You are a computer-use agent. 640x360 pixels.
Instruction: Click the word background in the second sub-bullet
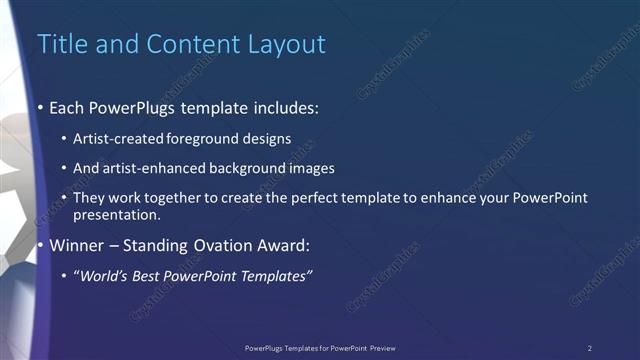pyautogui.click(x=262, y=169)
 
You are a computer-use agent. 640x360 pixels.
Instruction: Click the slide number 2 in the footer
pyautogui.click(x=590, y=348)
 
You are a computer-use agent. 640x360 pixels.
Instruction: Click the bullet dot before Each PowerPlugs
pyautogui.click(x=40, y=107)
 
